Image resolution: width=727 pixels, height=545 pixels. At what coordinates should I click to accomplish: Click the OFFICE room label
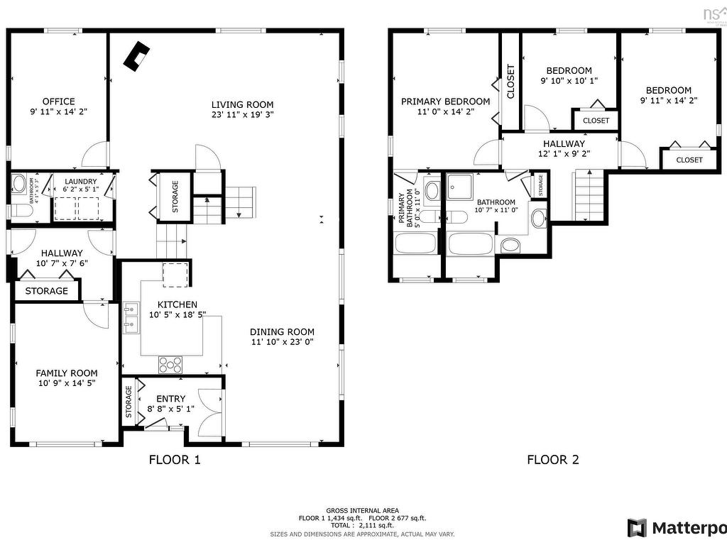click(58, 101)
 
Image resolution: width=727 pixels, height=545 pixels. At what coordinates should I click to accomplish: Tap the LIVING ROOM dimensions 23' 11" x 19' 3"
click(242, 114)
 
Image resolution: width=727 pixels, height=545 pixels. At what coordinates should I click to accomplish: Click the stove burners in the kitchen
click(170, 364)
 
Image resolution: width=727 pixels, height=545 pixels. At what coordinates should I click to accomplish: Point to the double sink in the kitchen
click(131, 317)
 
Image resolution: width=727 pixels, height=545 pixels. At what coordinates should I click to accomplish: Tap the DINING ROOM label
click(282, 331)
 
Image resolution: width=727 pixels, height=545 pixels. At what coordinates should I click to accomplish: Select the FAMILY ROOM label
click(67, 373)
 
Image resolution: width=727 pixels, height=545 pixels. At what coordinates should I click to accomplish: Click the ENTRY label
click(170, 399)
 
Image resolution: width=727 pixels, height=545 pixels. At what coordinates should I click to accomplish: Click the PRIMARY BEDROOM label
click(445, 101)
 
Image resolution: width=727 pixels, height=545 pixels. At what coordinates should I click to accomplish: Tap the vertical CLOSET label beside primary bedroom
click(510, 82)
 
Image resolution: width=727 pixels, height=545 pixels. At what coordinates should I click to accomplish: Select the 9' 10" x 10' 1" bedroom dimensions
click(569, 81)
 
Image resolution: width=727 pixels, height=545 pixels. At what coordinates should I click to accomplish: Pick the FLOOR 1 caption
click(175, 460)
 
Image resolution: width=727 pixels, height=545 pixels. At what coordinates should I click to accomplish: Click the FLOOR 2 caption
click(553, 460)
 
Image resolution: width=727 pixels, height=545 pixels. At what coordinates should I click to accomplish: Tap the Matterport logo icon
click(637, 528)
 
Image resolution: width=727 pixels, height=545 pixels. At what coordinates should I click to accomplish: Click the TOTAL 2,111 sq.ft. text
click(362, 526)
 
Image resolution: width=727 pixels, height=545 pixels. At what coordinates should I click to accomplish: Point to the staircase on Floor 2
click(588, 194)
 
